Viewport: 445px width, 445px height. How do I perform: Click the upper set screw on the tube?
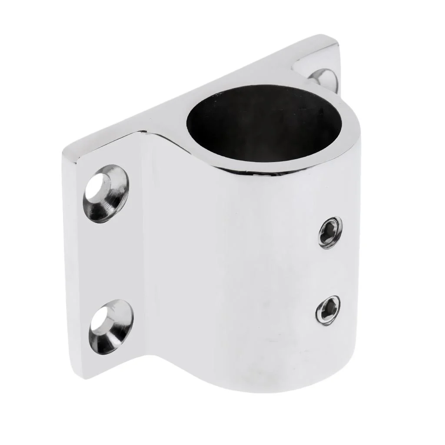coord(330,232)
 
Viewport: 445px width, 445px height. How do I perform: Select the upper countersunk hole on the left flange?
coord(106,194)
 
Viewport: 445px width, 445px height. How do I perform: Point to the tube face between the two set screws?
coord(329,270)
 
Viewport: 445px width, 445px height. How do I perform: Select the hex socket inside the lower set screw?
coord(328,309)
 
